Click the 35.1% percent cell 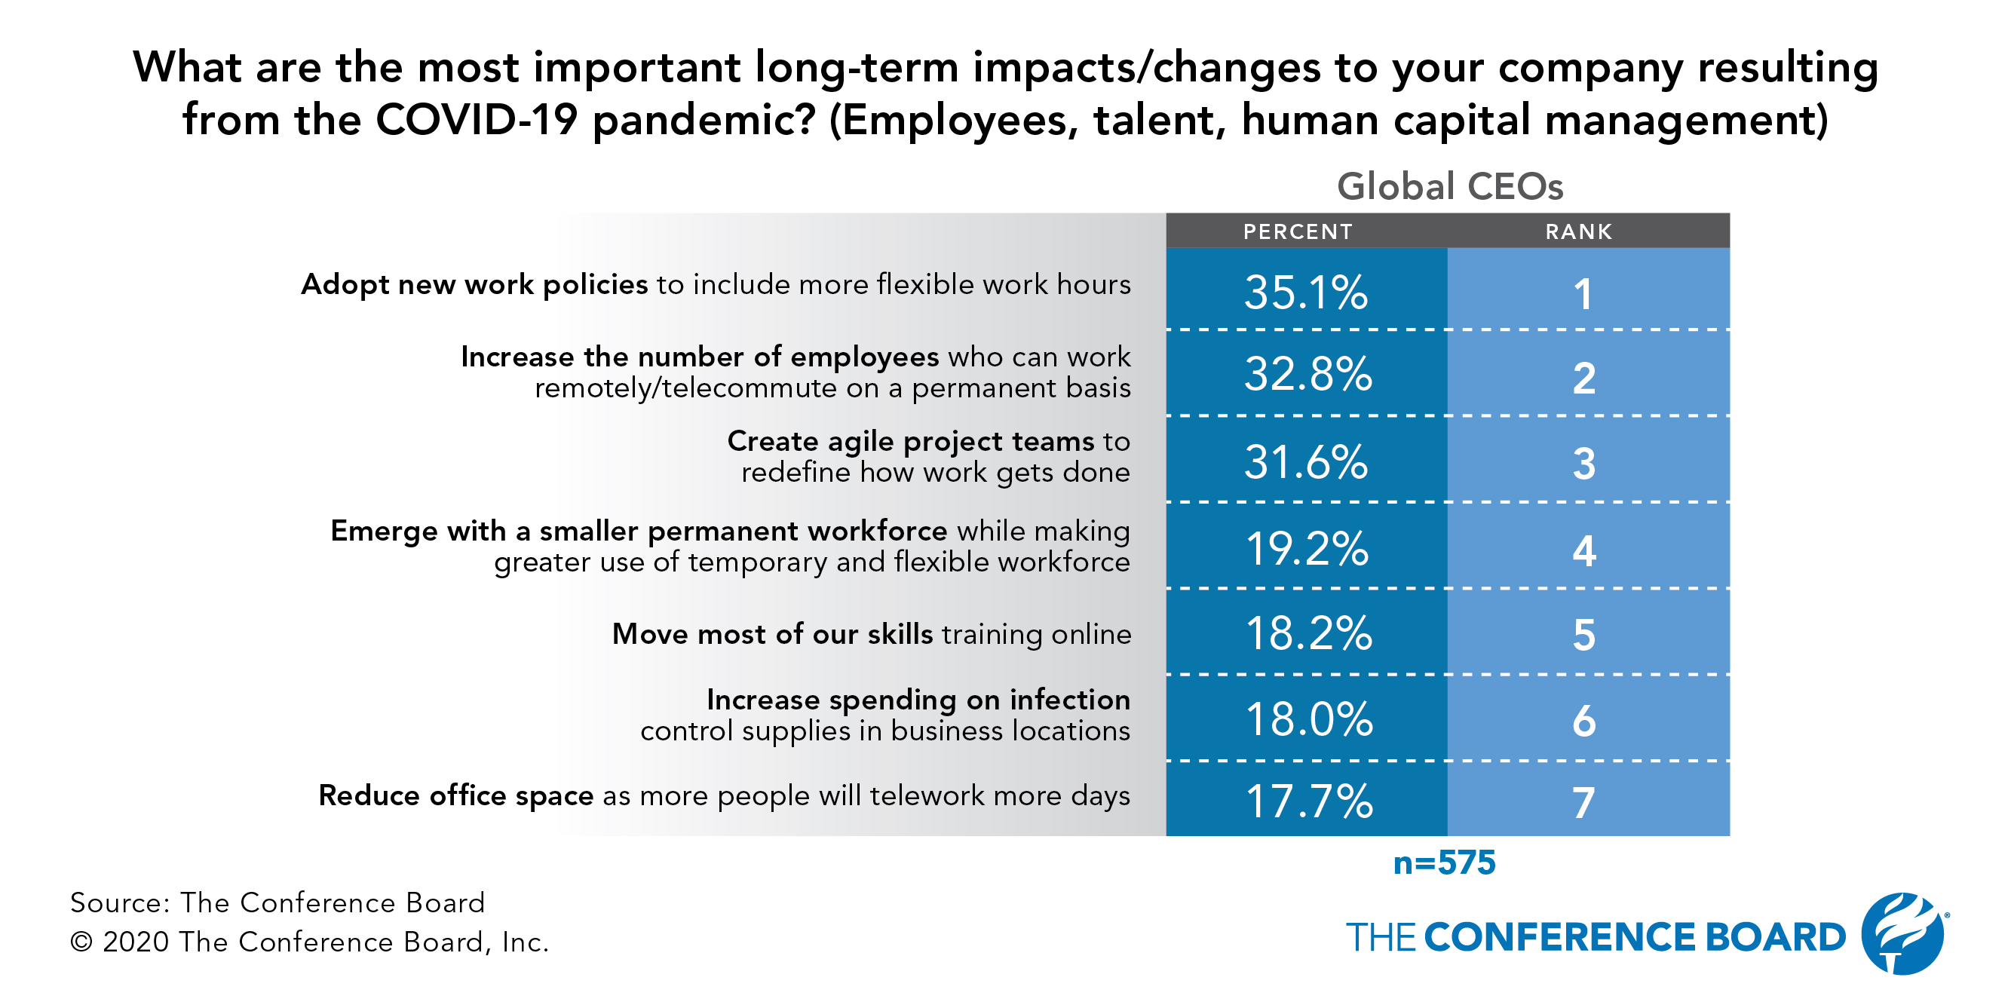point(1306,293)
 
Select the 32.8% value point(1307,375)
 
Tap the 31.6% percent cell point(1306,462)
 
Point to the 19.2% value point(1307,549)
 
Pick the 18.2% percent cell point(1307,633)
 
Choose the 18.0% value point(1308,719)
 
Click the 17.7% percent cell point(1308,801)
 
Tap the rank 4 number point(1584,551)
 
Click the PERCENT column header point(1298,231)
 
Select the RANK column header point(1578,231)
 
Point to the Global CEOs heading point(1450,186)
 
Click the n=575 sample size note point(1444,863)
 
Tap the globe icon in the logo point(1903,933)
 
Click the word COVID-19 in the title point(477,120)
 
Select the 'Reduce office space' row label point(456,796)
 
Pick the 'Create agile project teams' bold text point(910,442)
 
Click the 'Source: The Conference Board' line point(277,902)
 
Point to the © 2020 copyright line point(309,942)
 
